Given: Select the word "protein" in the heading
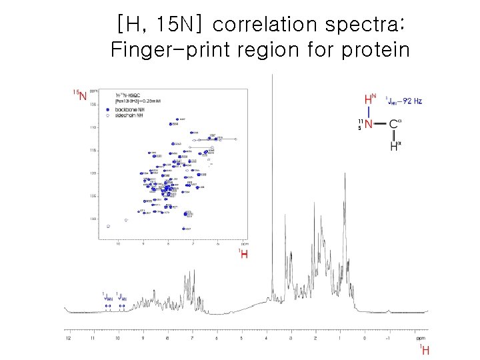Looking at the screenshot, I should [375, 50].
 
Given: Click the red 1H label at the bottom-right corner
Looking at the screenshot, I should [424, 349].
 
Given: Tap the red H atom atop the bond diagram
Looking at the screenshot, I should [369, 100].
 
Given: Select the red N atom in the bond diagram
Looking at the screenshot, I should [369, 123].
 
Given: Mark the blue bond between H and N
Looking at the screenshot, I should [369, 112].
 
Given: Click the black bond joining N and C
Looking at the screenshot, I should [381, 123].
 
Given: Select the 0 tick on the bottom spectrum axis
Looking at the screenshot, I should [364, 338].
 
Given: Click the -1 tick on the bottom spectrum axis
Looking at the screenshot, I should [388, 338].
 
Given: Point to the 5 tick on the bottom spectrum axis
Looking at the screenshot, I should [241, 338].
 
